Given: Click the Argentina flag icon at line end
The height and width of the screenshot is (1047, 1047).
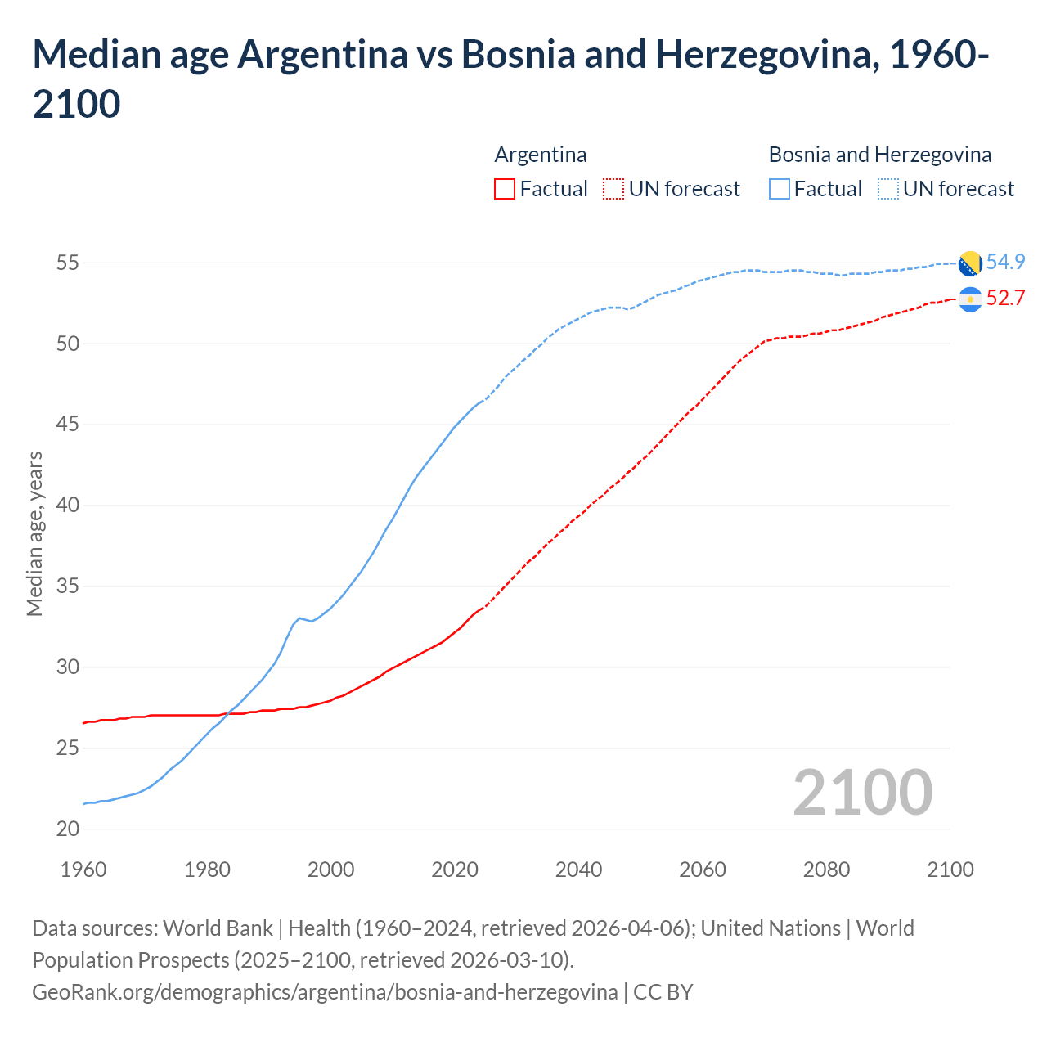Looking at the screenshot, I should click(969, 300).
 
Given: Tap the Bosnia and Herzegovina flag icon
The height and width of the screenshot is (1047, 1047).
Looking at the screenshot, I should click(969, 263).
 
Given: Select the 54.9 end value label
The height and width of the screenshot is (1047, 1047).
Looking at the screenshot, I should click(1005, 262).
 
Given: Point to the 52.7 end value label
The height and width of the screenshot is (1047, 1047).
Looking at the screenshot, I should click(1005, 298).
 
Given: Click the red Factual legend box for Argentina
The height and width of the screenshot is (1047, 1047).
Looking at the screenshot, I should click(505, 189).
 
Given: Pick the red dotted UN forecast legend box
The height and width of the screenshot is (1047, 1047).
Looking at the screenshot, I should click(613, 189).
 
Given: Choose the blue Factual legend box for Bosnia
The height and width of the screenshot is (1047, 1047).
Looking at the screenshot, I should click(780, 189).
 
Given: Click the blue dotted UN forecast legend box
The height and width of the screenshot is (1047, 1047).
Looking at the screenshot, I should click(888, 189).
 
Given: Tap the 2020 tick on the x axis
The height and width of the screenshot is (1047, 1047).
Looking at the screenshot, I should click(455, 870).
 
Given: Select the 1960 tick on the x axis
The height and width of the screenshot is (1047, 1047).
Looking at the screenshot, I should click(83, 870).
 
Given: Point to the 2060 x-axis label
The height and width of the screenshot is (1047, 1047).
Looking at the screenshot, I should click(703, 870).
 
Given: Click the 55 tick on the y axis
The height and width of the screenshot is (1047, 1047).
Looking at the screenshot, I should click(68, 263).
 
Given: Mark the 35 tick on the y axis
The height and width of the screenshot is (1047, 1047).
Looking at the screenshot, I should click(68, 586).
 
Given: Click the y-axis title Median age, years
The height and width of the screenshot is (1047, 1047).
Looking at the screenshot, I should click(34, 533).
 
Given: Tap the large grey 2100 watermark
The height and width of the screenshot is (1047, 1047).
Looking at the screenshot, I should click(862, 793).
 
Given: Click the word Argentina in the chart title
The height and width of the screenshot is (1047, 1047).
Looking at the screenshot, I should click(322, 55).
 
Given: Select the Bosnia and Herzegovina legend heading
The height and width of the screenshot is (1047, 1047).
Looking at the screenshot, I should click(879, 155).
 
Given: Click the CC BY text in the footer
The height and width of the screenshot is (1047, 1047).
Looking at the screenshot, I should click(663, 992).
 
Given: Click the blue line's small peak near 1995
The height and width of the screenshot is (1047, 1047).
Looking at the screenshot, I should click(299, 618).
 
